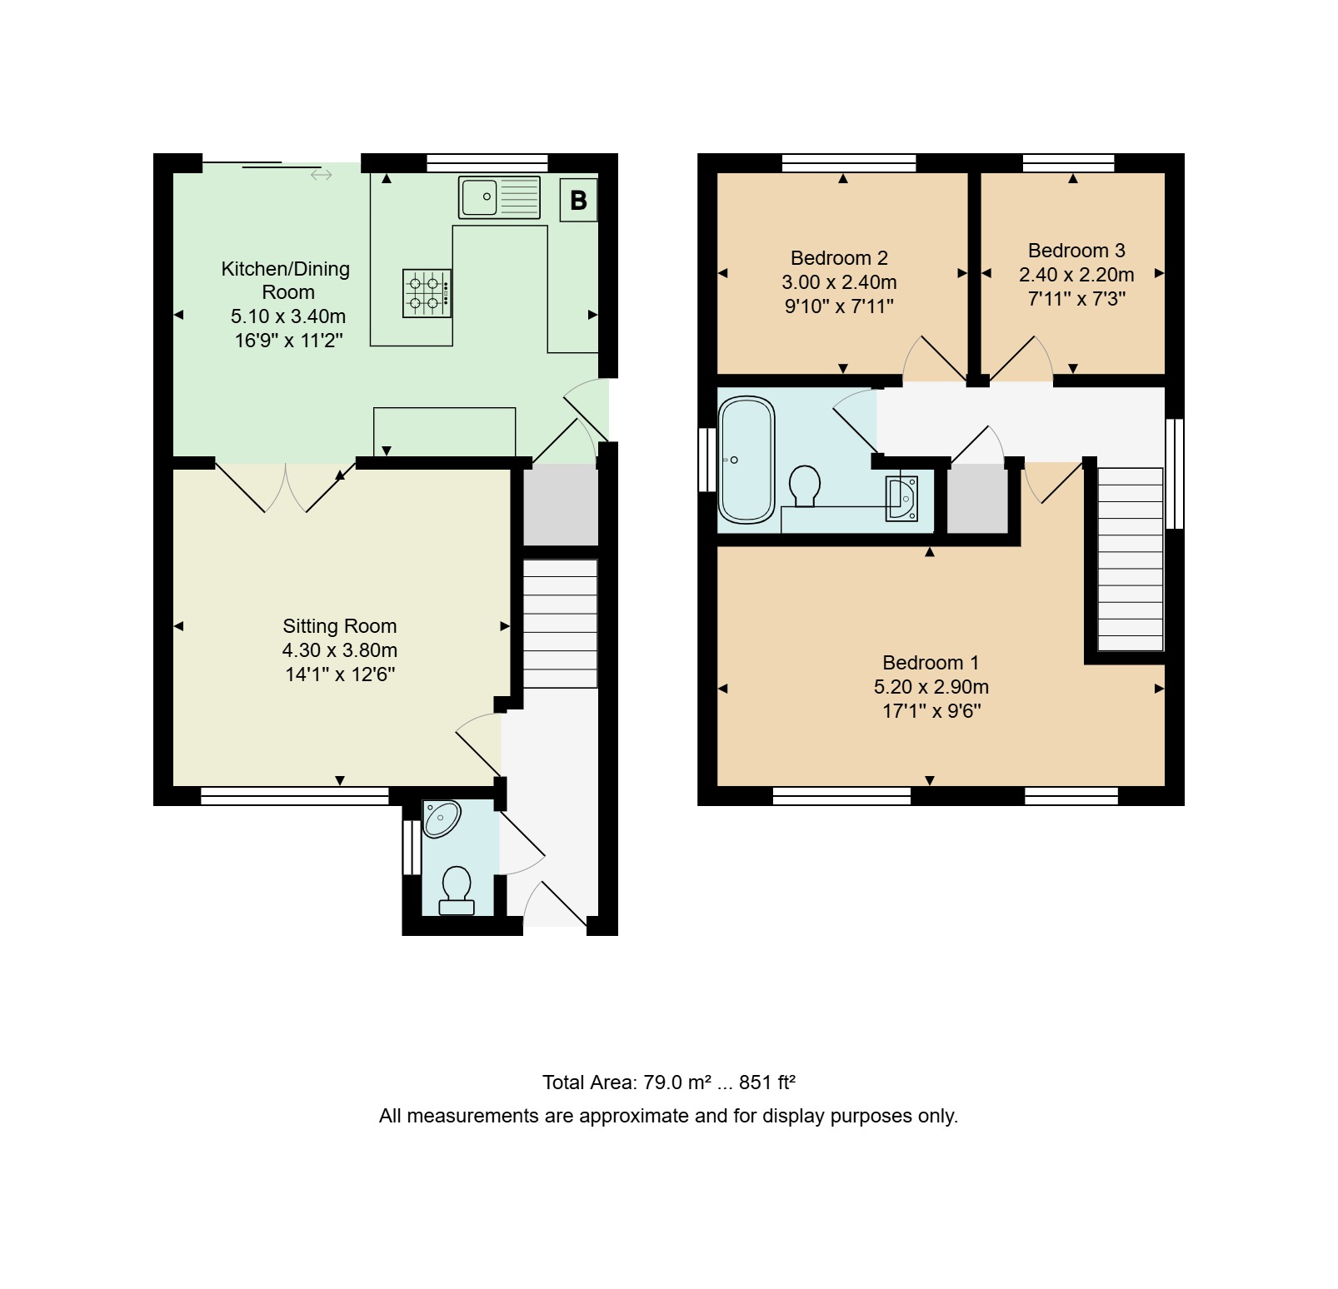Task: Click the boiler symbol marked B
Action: tap(578, 201)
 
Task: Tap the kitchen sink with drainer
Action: tap(499, 197)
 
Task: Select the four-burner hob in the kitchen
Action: tap(427, 293)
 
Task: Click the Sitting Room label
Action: tap(339, 626)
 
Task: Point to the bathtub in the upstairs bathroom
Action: tap(746, 460)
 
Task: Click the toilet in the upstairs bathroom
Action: tap(805, 485)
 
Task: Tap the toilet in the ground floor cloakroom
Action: tap(457, 890)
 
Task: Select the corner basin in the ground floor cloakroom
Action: tap(441, 818)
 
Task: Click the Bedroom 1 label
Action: tap(931, 663)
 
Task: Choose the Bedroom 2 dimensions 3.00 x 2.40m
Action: tap(839, 282)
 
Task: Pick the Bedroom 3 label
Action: tap(1076, 251)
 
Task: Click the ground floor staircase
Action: tap(560, 624)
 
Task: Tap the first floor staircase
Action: tap(1131, 559)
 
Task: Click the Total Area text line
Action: tap(669, 1082)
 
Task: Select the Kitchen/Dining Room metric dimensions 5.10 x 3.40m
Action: tap(288, 316)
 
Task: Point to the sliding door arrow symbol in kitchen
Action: tap(322, 175)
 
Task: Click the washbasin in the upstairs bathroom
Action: tap(901, 498)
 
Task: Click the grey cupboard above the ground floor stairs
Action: tap(560, 505)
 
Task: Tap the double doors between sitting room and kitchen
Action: tap(286, 486)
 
